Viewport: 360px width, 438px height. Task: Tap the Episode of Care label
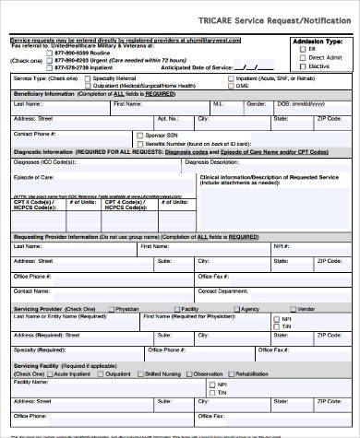tap(33, 177)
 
